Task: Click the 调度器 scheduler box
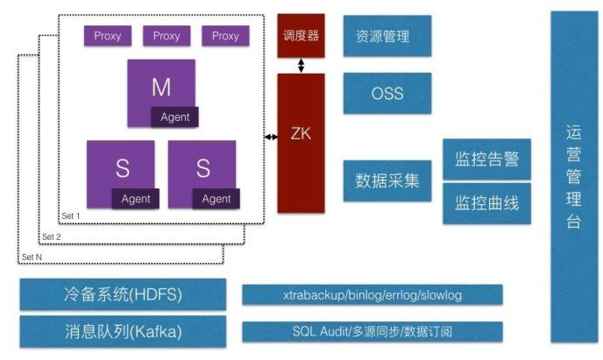pyautogui.click(x=301, y=36)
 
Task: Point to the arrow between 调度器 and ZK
pyautogui.click(x=301, y=66)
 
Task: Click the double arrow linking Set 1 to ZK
pyautogui.click(x=271, y=137)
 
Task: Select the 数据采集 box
pyautogui.click(x=387, y=180)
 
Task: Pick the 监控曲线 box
pyautogui.click(x=486, y=203)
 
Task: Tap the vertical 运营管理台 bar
pyautogui.click(x=573, y=176)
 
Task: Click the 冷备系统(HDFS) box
pyautogui.click(x=123, y=294)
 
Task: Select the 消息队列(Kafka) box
pyautogui.click(x=123, y=332)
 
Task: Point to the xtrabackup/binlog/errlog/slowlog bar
pyautogui.click(x=372, y=295)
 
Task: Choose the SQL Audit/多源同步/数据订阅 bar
pyautogui.click(x=372, y=332)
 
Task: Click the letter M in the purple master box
pyautogui.click(x=160, y=87)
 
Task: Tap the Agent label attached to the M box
pyautogui.click(x=174, y=117)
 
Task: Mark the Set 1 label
pyautogui.click(x=70, y=215)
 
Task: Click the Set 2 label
pyautogui.click(x=52, y=236)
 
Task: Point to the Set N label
pyautogui.click(x=32, y=257)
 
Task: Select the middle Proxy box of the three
pyautogui.click(x=167, y=36)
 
